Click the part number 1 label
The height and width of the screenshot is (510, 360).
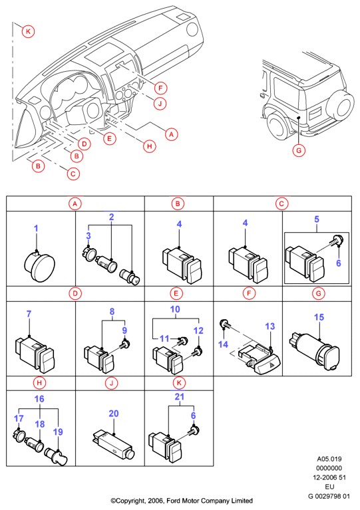[36, 228]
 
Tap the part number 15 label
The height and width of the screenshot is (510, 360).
[319, 317]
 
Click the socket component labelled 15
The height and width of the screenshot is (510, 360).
[314, 351]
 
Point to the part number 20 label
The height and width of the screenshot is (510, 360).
[114, 414]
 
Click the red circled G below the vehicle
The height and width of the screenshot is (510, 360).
[299, 150]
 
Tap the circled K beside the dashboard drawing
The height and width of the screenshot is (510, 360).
[29, 31]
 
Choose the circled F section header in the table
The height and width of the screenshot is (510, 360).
[249, 293]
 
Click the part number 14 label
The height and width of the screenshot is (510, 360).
[223, 344]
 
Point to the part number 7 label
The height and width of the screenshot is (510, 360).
[29, 314]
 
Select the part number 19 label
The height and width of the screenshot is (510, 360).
[58, 432]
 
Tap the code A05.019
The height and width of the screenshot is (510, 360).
[329, 459]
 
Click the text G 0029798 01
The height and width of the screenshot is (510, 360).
[329, 496]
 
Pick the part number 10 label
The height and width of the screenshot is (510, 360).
[175, 309]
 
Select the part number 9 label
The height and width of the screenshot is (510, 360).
[124, 330]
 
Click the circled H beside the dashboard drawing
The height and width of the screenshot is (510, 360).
[150, 146]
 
